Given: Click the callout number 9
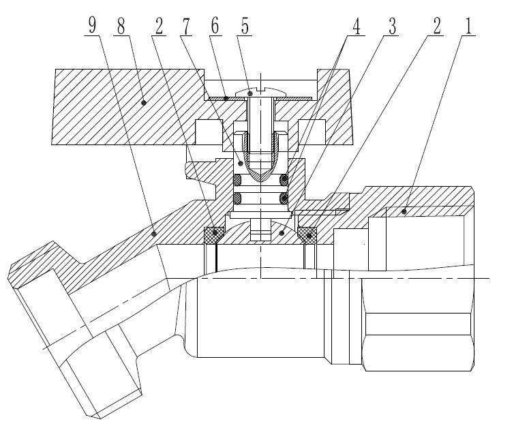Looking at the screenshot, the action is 92,25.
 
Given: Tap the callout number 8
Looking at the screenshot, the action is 121,26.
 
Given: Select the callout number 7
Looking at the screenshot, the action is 186,26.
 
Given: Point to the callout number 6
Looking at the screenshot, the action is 215,26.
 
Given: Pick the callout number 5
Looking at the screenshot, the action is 245,26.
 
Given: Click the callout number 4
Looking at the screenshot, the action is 357,26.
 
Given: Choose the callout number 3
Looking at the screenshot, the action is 393,26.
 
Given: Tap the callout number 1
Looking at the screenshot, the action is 468,26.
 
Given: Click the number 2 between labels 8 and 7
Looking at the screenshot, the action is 159,26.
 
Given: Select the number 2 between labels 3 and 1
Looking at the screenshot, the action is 437,26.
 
